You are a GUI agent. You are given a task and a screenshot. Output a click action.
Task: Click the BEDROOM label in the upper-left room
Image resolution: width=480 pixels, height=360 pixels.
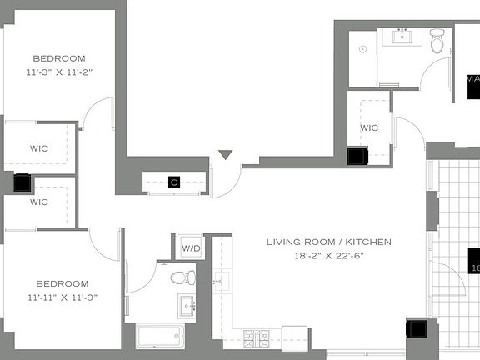(x=59, y=58)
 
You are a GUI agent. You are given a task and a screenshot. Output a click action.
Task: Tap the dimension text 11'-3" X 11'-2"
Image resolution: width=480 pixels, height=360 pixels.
(x=59, y=72)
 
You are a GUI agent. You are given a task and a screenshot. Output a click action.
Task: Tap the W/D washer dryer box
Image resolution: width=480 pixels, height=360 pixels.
(x=190, y=247)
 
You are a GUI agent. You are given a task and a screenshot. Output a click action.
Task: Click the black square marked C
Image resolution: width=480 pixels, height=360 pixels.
(x=174, y=182)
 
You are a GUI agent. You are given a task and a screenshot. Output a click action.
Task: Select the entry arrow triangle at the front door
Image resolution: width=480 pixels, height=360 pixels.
(x=225, y=156)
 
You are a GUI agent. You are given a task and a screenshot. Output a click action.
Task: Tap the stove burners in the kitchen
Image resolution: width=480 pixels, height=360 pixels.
(x=256, y=337)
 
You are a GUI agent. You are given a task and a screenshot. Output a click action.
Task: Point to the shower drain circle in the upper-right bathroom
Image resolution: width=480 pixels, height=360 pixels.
(x=362, y=49)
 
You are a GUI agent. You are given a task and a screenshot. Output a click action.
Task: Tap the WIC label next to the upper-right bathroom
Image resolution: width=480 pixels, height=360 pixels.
(x=369, y=127)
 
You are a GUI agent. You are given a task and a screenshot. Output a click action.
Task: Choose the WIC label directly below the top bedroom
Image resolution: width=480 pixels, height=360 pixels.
(x=39, y=148)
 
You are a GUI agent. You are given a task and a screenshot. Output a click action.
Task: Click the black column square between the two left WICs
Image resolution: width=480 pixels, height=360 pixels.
(x=22, y=182)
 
